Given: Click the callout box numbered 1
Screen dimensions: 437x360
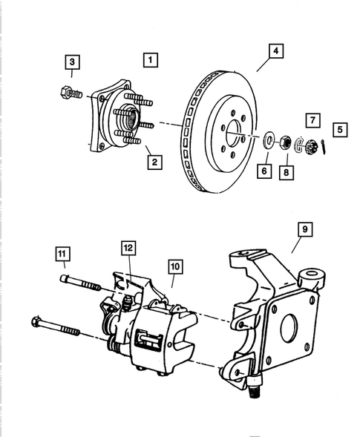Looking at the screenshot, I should pyautogui.click(x=151, y=59).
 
